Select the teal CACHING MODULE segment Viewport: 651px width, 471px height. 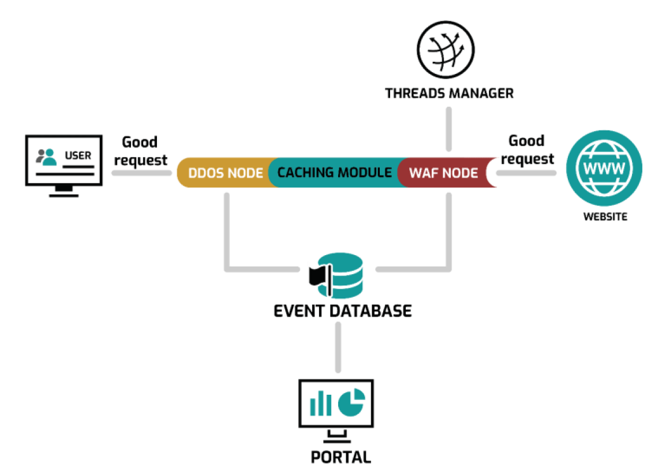pyautogui.click(x=334, y=173)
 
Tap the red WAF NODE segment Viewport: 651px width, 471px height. pyautogui.click(x=443, y=173)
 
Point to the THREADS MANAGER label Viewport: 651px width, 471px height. pyautogui.click(x=449, y=93)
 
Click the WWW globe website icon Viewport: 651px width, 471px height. pyautogui.click(x=604, y=170)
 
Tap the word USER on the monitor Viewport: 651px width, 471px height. pyautogui.click(x=77, y=155)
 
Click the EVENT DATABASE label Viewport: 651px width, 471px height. pyautogui.click(x=342, y=311)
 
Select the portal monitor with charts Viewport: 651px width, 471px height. pyautogui.click(x=336, y=405)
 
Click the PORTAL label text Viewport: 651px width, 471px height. pyautogui.click(x=341, y=457)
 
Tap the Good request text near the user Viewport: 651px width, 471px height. pyautogui.click(x=140, y=151)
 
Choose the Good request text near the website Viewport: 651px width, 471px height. pyautogui.click(x=526, y=149)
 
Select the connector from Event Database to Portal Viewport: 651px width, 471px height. pyautogui.click(x=338, y=346)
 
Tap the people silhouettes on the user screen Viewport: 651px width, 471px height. pyautogui.click(x=46, y=155)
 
